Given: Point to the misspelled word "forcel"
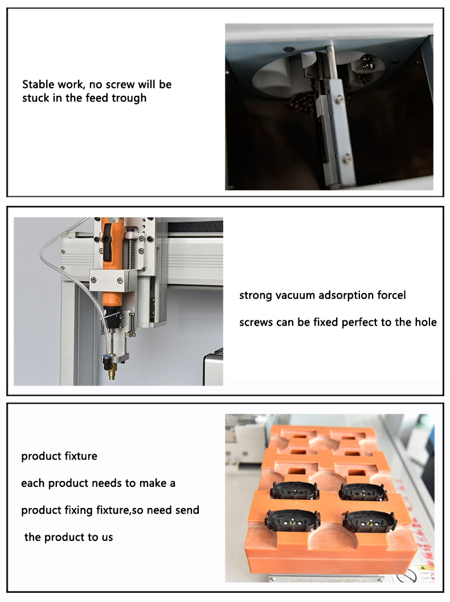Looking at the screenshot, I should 391,295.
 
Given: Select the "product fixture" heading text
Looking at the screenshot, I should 59,456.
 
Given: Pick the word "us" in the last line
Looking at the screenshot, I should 107,537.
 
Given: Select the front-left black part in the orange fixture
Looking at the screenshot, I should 292,519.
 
